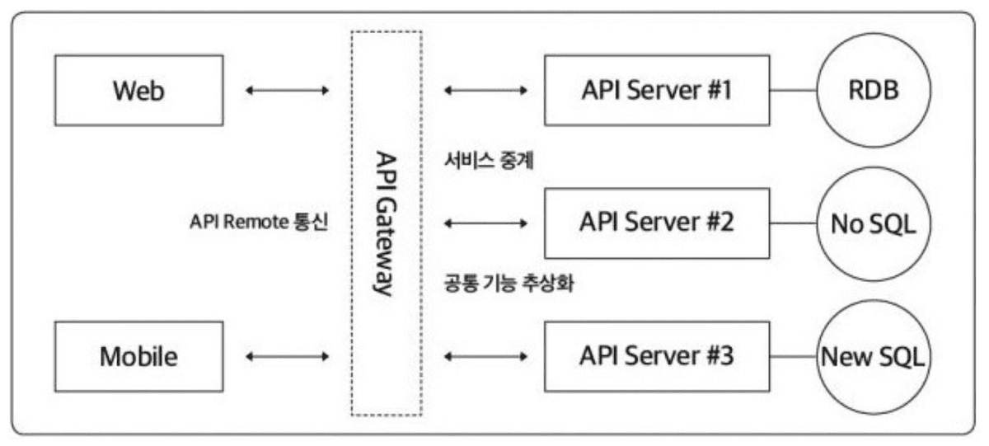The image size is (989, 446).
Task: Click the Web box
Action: click(x=138, y=90)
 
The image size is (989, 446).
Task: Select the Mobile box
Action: click(x=138, y=357)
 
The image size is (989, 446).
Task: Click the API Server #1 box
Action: click(x=656, y=90)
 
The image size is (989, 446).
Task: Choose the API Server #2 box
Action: click(x=656, y=223)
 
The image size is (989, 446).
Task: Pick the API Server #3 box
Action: click(x=656, y=357)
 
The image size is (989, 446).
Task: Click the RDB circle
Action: click(x=873, y=90)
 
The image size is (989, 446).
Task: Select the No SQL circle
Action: click(x=873, y=223)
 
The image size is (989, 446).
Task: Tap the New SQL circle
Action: click(x=873, y=358)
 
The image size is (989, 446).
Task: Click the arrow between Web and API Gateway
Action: click(x=287, y=90)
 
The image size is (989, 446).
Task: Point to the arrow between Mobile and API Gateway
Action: click(x=287, y=357)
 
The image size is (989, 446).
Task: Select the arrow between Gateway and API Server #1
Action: click(x=485, y=90)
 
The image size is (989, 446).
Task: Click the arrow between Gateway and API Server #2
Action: click(x=485, y=223)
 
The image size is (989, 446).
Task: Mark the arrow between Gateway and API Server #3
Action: click(x=485, y=357)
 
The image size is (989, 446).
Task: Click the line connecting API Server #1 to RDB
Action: click(x=793, y=90)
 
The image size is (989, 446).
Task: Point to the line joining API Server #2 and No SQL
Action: click(x=793, y=223)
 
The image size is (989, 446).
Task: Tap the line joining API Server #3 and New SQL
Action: click(x=793, y=357)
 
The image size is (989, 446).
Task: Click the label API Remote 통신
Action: click(x=259, y=223)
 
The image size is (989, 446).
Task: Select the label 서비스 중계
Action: click(x=488, y=162)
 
